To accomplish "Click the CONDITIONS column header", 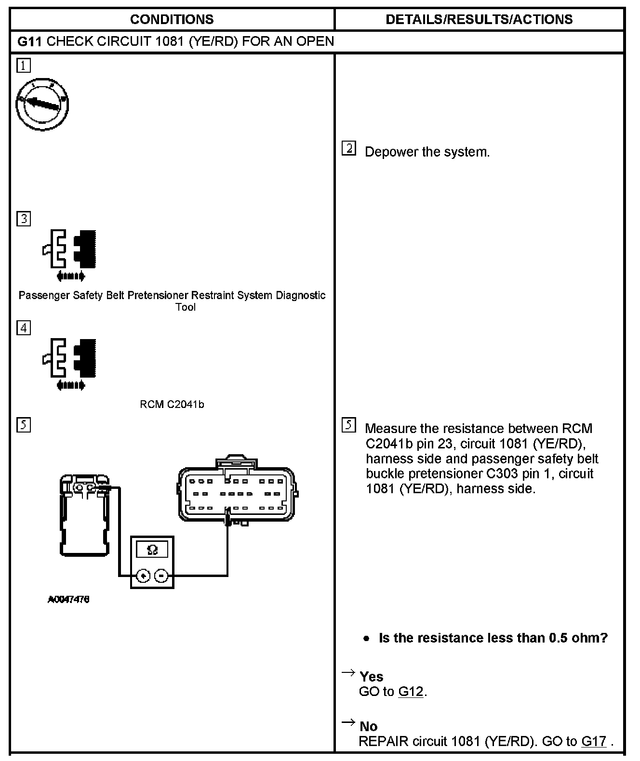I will point(172,19).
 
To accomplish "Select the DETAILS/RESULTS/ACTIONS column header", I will point(479,19).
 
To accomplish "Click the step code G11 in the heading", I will point(30,41).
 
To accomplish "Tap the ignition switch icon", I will point(42,105).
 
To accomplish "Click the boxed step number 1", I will point(23,66).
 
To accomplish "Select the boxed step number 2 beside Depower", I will point(348,148).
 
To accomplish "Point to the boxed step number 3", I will point(23,219).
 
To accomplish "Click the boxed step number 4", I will point(23,328).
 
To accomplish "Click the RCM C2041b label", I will point(172,405).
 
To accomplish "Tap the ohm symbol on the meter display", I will point(152,550).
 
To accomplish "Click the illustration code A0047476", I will point(68,600).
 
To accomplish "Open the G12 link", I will point(411,692).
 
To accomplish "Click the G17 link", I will point(593,741).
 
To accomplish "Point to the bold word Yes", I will point(371,677).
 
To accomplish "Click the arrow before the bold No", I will point(348,722).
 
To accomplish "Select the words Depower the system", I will point(427,152).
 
